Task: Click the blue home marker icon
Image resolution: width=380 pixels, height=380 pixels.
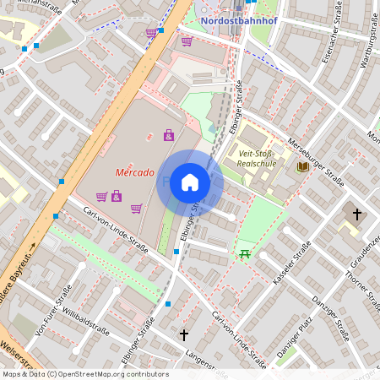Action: tap(190, 182)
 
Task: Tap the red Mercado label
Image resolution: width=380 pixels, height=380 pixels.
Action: tap(134, 172)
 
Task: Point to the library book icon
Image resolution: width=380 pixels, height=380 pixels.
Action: tap(302, 166)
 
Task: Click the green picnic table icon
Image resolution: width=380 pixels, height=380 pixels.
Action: tap(245, 253)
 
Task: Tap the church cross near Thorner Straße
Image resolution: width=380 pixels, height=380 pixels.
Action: tap(356, 214)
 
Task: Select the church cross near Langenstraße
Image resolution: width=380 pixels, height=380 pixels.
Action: tap(184, 334)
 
